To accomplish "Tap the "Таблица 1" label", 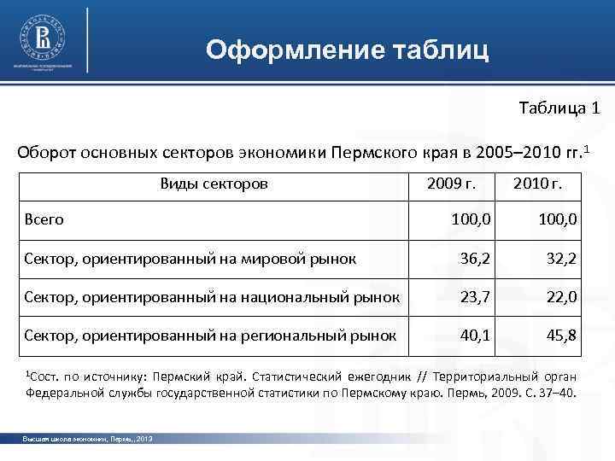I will (x=559, y=109).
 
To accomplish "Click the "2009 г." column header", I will (x=450, y=184).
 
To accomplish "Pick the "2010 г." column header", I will (x=537, y=184).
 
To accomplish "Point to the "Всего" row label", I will (x=44, y=219).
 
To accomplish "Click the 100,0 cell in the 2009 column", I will (x=471, y=219).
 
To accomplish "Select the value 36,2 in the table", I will (x=476, y=259).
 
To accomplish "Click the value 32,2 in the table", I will (x=563, y=259).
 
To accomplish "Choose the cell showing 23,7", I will (x=476, y=297).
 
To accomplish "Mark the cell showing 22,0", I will (x=563, y=297).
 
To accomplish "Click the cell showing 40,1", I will (x=476, y=336).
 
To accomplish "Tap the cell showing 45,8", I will (x=563, y=336).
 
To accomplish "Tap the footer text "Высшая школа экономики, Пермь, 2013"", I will (x=87, y=438).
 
